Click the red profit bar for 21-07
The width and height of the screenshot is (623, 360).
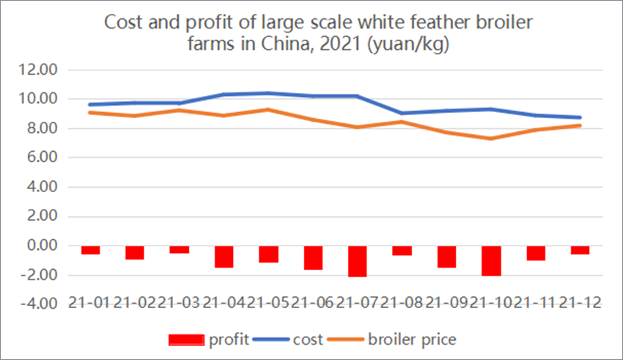358,261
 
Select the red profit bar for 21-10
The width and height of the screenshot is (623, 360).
491,260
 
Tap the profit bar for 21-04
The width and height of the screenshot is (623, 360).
224,257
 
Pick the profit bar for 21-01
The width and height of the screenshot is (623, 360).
90,250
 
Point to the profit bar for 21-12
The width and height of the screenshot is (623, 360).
580,250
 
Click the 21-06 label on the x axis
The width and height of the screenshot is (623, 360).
313,304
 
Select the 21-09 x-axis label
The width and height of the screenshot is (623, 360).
446,304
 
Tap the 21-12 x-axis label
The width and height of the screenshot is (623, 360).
580,304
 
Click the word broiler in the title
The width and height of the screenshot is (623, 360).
493,22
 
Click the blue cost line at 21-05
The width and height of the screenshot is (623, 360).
268,93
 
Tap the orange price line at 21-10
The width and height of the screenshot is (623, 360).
491,139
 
